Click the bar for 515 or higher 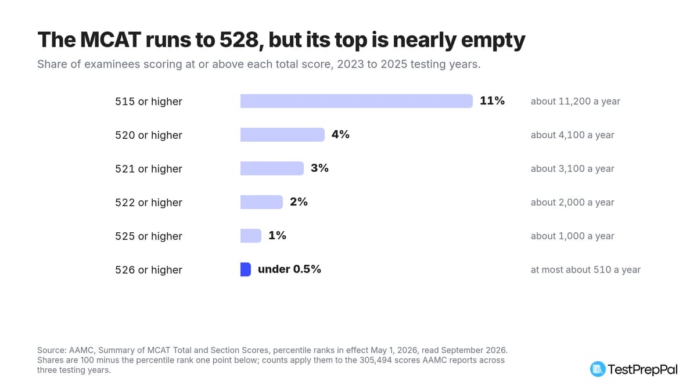point(356,101)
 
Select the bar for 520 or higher point(282,135)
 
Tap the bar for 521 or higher point(272,168)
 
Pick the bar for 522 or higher point(261,202)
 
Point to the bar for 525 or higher point(251,236)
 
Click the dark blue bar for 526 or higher point(246,269)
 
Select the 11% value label point(492,101)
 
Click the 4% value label point(340,134)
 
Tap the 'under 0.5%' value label point(289,269)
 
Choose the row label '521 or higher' point(149,168)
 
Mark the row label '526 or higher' point(149,269)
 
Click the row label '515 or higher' point(149,102)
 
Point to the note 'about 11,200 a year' point(576,102)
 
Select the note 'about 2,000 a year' point(572,202)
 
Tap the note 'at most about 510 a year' point(585,269)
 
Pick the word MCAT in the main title point(110,40)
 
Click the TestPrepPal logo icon point(598,369)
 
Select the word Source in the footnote point(52,350)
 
